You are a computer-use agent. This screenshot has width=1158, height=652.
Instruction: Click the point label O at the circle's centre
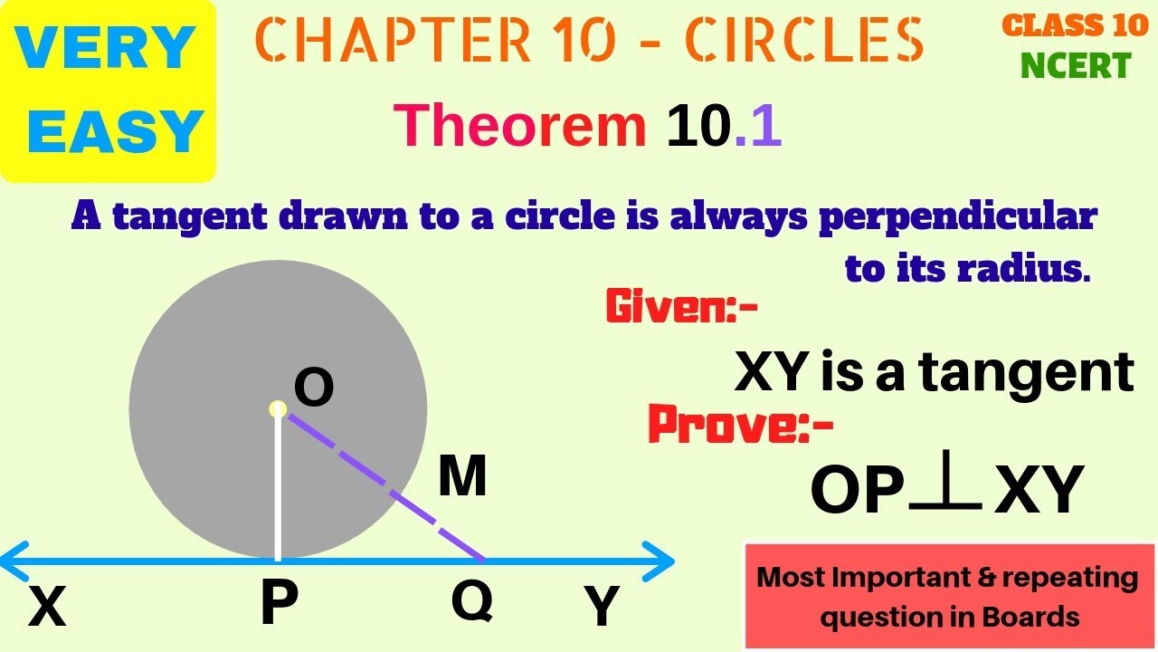click(x=314, y=389)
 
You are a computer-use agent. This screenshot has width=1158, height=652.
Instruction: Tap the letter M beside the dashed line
click(x=462, y=477)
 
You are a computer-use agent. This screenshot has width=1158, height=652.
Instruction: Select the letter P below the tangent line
click(x=280, y=604)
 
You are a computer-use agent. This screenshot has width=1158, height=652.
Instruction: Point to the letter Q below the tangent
click(x=472, y=600)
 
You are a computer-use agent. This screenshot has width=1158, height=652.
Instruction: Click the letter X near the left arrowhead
click(x=47, y=607)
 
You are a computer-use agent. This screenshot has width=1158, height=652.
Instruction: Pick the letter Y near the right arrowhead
click(x=602, y=607)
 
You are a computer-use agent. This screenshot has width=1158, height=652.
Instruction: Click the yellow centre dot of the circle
click(x=278, y=409)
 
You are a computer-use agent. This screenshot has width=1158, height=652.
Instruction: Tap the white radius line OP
click(x=278, y=489)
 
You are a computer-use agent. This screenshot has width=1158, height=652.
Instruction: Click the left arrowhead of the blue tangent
click(x=13, y=561)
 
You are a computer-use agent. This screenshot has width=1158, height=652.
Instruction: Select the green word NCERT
click(x=1076, y=65)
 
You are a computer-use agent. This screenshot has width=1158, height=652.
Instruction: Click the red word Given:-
click(x=681, y=308)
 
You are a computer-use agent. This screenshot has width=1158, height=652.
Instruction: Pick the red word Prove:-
click(x=740, y=425)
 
